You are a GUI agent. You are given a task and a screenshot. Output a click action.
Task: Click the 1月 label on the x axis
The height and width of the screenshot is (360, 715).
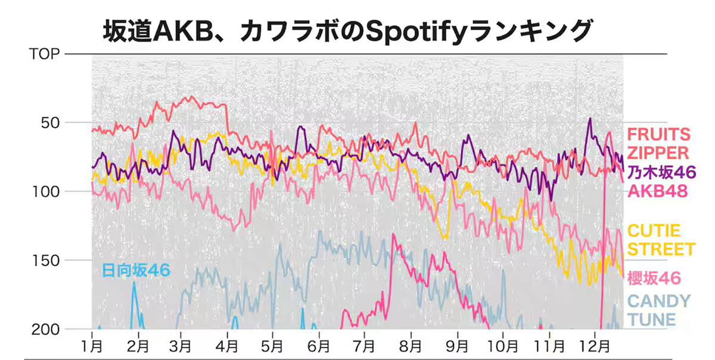[92, 345]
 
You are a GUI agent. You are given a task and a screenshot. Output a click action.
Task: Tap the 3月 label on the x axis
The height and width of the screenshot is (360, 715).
[180, 345]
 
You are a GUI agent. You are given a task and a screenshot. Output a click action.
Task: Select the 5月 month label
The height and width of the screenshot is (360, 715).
[272, 345]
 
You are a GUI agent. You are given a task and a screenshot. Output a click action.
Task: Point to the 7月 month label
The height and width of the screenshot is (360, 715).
[364, 345]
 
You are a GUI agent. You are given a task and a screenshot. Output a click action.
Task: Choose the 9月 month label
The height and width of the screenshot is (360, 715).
[456, 345]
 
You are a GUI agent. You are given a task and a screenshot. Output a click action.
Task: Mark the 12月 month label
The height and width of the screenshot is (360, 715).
[595, 345]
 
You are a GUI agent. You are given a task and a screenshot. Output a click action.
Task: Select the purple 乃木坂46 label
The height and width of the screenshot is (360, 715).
[661, 173]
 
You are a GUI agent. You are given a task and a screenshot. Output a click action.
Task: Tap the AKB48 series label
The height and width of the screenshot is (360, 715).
[658, 191]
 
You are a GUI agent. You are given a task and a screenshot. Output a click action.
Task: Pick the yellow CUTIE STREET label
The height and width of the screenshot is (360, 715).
[661, 240]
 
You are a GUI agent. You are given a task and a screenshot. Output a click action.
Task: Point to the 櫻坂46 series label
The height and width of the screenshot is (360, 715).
[654, 278]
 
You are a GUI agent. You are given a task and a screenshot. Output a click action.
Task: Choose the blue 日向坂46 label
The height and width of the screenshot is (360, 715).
[136, 270]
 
